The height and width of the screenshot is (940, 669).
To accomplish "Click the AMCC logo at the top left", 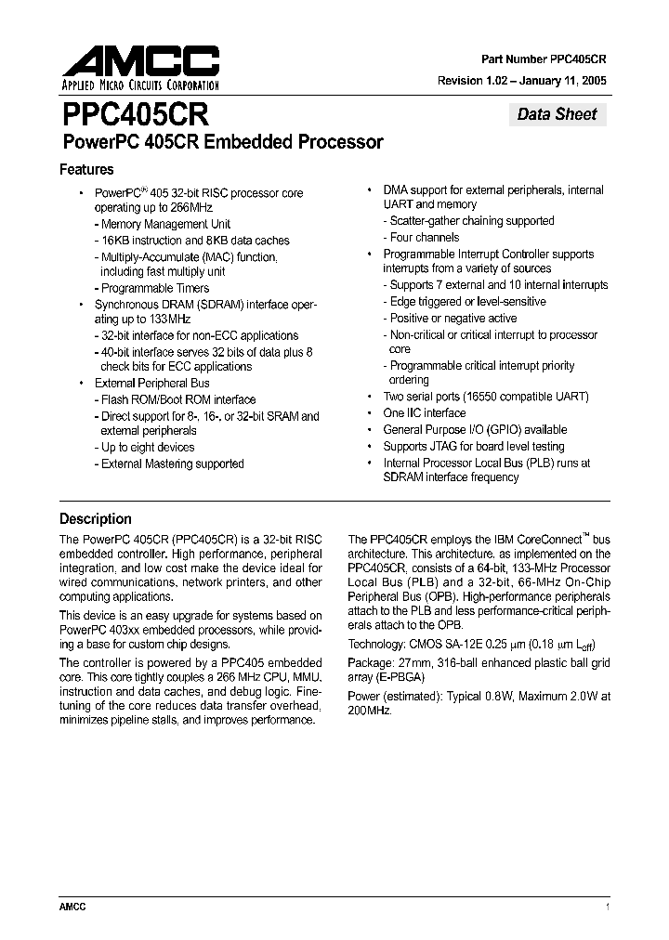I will point(140,69).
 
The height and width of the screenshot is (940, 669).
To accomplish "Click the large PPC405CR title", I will point(136,115).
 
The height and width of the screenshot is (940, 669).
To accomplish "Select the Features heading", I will point(86,170).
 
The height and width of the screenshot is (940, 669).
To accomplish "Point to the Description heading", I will point(96,519).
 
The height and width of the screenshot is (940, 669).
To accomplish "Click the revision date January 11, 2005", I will point(561,81).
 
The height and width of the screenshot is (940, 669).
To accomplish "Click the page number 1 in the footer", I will point(607,907).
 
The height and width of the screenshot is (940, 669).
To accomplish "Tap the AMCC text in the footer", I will point(72,907).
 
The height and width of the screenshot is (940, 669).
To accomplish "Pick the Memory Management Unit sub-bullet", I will point(165,224).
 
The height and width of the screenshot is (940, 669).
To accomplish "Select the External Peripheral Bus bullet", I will point(151,383).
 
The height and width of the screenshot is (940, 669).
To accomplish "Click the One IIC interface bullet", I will point(424,413).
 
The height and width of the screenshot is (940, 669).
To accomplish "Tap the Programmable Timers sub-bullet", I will point(156,288).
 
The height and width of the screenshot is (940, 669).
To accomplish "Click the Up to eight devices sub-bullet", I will point(148,447).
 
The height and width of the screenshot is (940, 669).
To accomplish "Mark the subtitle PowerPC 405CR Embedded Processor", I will point(222,143).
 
